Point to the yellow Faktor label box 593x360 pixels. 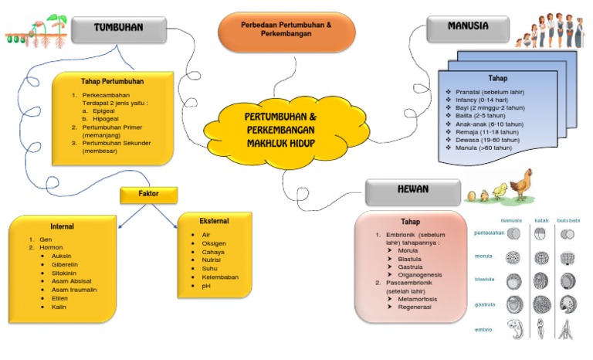point(148,194)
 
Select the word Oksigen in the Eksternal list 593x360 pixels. point(214,243)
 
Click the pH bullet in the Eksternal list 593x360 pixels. point(206,287)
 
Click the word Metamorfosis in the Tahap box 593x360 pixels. point(417,298)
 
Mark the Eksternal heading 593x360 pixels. point(214,220)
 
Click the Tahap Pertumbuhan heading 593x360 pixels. point(112,81)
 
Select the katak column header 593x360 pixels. point(542,220)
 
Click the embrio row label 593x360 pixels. point(483,330)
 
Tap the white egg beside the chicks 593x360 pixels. point(471,197)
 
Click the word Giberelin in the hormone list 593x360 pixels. point(65,264)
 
